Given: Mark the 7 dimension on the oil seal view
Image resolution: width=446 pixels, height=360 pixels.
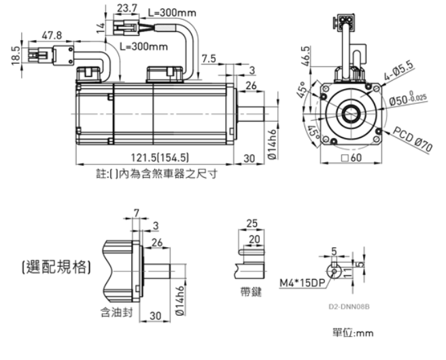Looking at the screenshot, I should (x=137, y=213).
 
